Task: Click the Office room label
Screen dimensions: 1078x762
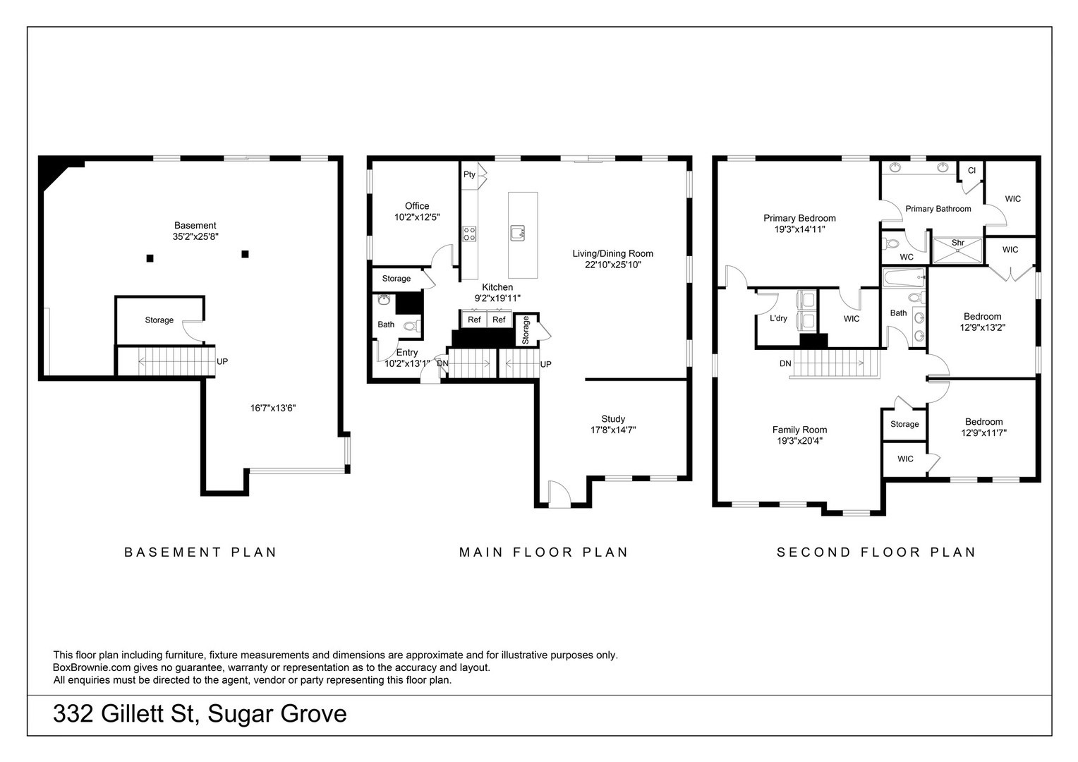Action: pyautogui.click(x=417, y=206)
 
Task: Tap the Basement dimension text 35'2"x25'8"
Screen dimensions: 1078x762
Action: pyautogui.click(x=195, y=237)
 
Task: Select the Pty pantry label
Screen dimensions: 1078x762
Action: pyautogui.click(x=469, y=174)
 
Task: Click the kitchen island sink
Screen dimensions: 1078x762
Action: pyautogui.click(x=517, y=233)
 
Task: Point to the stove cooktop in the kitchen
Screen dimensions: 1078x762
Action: pyautogui.click(x=469, y=234)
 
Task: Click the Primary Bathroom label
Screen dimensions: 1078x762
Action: pyautogui.click(x=938, y=209)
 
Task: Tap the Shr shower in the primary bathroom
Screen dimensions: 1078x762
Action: pyautogui.click(x=957, y=250)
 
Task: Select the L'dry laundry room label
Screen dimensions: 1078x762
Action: pyautogui.click(x=778, y=318)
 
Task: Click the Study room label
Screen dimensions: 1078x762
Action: pyautogui.click(x=613, y=419)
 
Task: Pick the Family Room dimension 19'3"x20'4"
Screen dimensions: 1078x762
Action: pyautogui.click(x=799, y=441)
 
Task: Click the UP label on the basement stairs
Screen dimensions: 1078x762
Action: pyautogui.click(x=222, y=361)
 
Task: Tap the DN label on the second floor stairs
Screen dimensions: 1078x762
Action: pyautogui.click(x=785, y=364)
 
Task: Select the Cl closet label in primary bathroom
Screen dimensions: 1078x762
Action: pyautogui.click(x=971, y=171)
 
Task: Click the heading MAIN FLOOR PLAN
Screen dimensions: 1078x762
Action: pyautogui.click(x=543, y=552)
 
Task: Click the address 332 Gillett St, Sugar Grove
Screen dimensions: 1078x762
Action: pyautogui.click(x=200, y=713)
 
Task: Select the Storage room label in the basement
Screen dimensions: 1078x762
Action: pyautogui.click(x=159, y=320)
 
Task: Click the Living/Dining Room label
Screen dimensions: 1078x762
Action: pyautogui.click(x=612, y=254)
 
